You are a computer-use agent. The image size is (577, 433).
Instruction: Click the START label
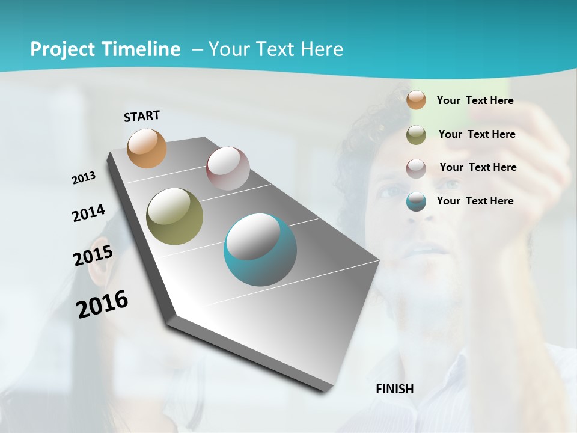(x=142, y=116)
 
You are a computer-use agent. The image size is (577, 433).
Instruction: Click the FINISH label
(x=394, y=389)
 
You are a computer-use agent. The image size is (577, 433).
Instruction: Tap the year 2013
(x=84, y=178)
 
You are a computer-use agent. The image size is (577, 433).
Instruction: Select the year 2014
(x=88, y=213)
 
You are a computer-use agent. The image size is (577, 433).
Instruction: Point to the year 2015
(x=93, y=255)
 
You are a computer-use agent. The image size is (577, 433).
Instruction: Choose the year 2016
(x=102, y=304)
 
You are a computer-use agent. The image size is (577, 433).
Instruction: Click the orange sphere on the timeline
(x=147, y=148)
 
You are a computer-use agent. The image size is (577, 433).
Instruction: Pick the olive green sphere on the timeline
(x=174, y=216)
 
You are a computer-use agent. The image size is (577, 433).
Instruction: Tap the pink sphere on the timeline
(x=228, y=168)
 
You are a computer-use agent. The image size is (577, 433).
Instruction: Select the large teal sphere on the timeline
(x=260, y=250)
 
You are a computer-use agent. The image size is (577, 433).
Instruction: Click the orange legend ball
(x=416, y=100)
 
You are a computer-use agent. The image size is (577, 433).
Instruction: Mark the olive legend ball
(x=416, y=135)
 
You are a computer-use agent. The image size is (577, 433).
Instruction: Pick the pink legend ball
(x=416, y=168)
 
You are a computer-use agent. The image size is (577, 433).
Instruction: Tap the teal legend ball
(x=416, y=201)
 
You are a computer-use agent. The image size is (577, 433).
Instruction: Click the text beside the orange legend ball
(x=475, y=101)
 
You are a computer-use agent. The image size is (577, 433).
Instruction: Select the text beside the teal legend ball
(x=475, y=201)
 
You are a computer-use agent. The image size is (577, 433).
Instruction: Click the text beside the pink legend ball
(x=478, y=167)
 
